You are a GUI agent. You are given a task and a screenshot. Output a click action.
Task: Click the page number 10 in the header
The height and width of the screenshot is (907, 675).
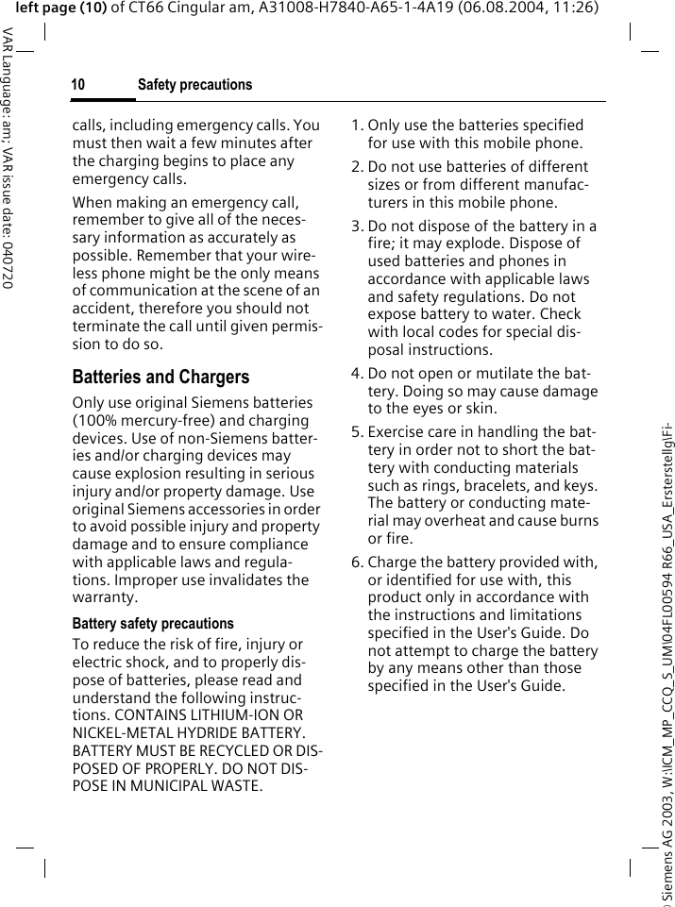77,85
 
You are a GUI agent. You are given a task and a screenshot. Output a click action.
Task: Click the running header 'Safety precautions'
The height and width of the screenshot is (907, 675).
194,85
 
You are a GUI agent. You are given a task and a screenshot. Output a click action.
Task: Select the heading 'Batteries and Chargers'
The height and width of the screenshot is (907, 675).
160,377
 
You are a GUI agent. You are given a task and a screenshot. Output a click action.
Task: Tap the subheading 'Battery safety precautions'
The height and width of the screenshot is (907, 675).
153,624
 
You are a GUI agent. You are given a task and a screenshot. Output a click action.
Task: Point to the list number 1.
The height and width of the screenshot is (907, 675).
356,126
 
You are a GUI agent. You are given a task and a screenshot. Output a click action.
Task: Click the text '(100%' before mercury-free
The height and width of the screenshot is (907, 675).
93,421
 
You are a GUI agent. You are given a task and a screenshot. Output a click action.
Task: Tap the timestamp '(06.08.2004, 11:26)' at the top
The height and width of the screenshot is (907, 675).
533,8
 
